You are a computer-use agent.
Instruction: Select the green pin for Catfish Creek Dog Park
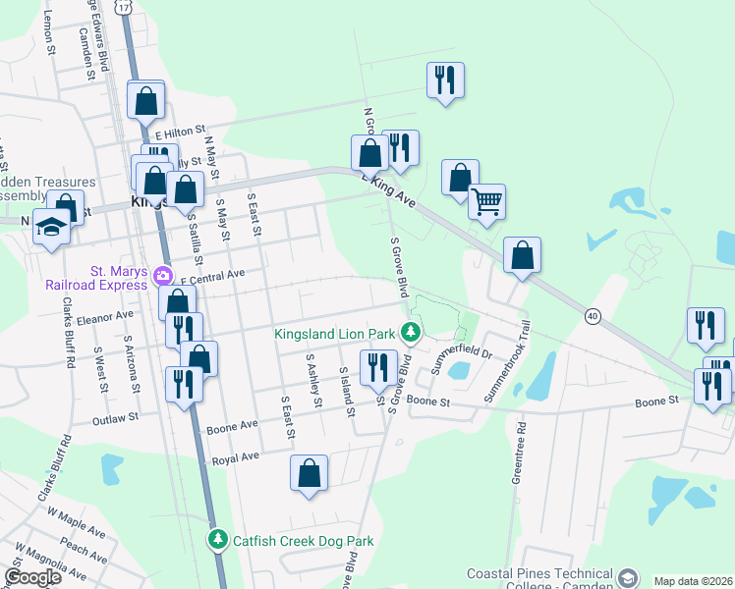218,540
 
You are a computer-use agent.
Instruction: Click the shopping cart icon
486,203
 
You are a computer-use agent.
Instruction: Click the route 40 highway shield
592,315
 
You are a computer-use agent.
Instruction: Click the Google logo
32,576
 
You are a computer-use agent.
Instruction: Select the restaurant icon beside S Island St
378,367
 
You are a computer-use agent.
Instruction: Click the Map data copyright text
693,581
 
